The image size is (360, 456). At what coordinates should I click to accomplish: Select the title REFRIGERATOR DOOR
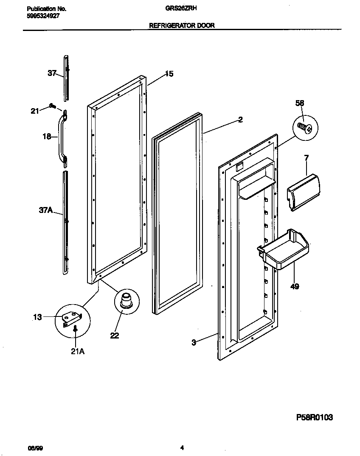(182, 25)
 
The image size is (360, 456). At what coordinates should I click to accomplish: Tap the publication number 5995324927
(42, 16)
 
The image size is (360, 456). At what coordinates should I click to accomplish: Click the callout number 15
(169, 74)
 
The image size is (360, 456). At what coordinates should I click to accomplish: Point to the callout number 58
(300, 103)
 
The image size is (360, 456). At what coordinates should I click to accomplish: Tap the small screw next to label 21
(52, 106)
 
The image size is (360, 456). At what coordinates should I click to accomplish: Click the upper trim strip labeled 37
(66, 78)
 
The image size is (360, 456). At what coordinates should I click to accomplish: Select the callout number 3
(194, 343)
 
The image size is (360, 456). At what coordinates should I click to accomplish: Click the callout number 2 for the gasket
(240, 120)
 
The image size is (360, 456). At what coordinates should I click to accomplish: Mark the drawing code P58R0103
(314, 417)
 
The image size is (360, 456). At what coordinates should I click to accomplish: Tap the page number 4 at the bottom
(182, 448)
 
